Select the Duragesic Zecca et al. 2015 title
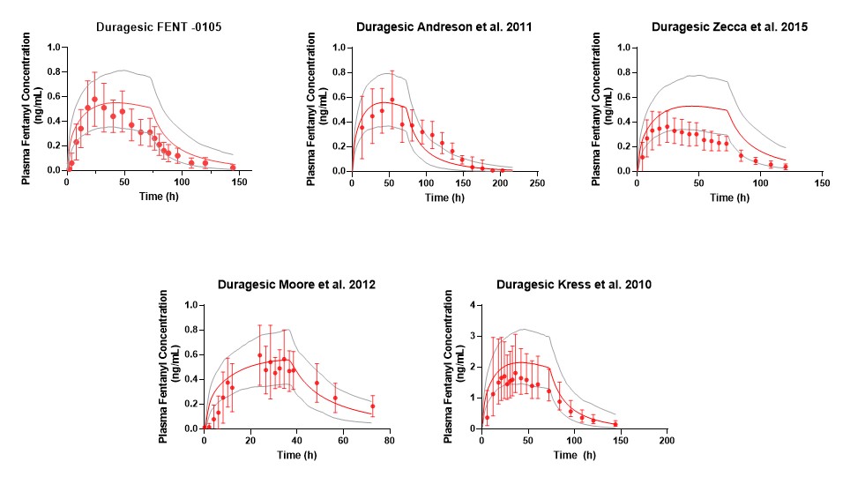tap(729, 26)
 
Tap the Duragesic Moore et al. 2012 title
tap(297, 285)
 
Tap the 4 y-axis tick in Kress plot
tap(474, 305)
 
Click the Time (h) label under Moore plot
tap(297, 455)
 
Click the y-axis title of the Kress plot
tap(453, 367)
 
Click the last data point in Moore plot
tap(372, 406)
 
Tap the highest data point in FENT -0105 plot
tap(94, 99)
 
